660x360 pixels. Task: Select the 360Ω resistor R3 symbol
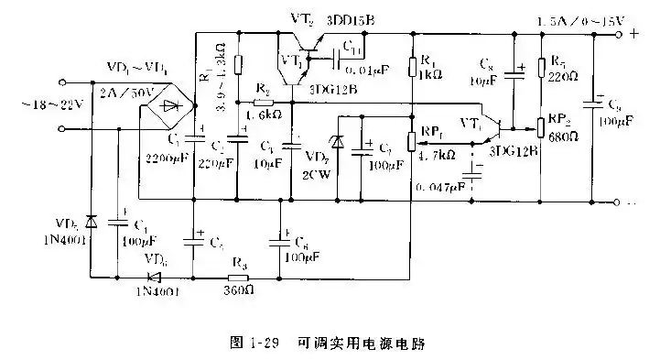(x=239, y=274)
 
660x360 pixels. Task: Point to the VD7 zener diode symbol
(x=338, y=144)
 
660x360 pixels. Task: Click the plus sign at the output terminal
(x=632, y=36)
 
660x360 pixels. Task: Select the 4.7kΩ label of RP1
(x=436, y=156)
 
